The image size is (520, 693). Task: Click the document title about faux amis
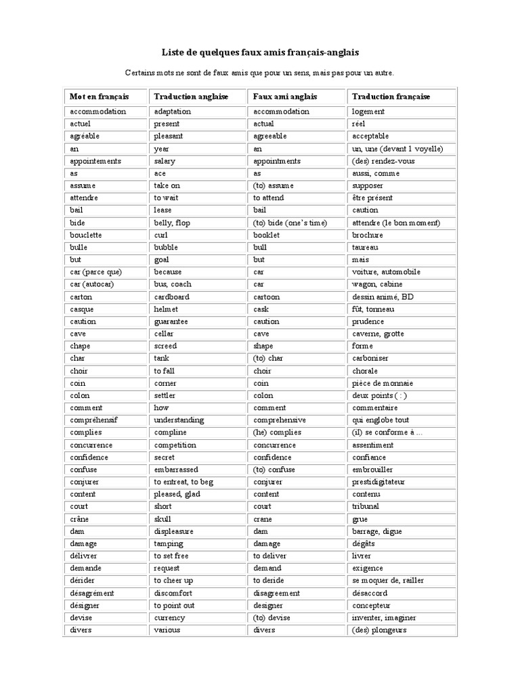(x=260, y=52)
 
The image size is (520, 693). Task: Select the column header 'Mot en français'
(x=99, y=97)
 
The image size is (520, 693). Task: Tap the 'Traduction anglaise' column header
(x=191, y=97)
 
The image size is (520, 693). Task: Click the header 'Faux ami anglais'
(x=285, y=97)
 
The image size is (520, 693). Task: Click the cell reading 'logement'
(x=368, y=112)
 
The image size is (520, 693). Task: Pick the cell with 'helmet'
(x=165, y=309)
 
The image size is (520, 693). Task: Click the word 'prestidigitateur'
(x=378, y=482)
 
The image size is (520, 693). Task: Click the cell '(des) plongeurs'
(x=378, y=630)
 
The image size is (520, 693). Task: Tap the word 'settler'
(x=165, y=395)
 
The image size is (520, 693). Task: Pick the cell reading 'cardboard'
(x=171, y=297)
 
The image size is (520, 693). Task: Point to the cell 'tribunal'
(x=366, y=506)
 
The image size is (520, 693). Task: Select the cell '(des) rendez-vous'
(x=383, y=161)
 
